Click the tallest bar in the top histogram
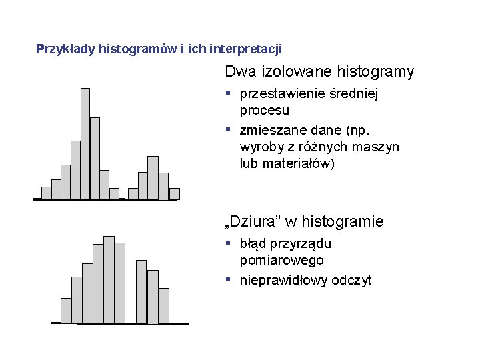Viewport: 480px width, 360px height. tap(85, 143)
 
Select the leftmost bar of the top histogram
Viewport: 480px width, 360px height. tap(46, 193)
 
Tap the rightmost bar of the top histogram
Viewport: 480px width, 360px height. tap(174, 193)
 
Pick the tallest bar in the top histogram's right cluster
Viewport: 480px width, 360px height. tap(153, 177)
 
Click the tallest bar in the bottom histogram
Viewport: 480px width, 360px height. tap(109, 279)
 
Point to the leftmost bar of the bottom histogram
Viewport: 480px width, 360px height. tap(66, 310)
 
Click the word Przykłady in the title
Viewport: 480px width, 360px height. tap(65, 49)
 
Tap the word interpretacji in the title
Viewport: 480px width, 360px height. tap(245, 49)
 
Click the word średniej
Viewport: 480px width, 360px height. tap(355, 94)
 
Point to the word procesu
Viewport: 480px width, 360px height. tap(265, 110)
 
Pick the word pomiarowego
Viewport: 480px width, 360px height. tap(282, 260)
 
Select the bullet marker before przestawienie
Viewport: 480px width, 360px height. tap(228, 93)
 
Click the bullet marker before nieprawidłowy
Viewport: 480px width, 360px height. tap(228, 279)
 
